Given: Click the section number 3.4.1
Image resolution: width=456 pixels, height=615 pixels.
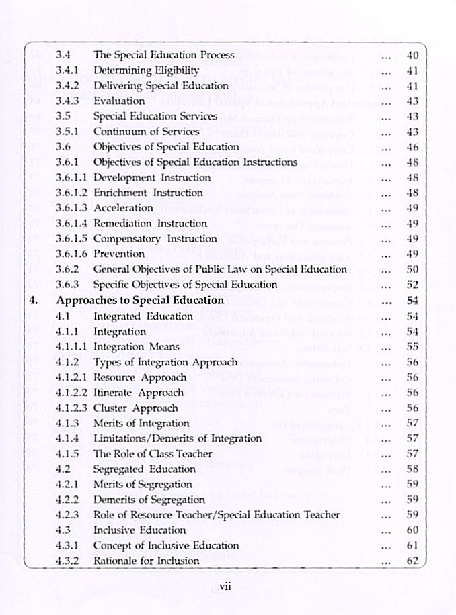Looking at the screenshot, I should click(x=67, y=70).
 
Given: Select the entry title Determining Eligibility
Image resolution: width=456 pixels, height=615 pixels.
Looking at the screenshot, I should click(x=146, y=70).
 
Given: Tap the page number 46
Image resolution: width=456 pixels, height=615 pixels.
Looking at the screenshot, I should click(x=413, y=147).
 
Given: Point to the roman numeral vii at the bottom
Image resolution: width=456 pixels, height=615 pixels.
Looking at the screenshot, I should click(x=225, y=586).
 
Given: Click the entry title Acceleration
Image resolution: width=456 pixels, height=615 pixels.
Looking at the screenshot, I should click(x=123, y=208).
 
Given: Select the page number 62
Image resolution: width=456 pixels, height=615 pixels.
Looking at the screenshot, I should click(x=413, y=561).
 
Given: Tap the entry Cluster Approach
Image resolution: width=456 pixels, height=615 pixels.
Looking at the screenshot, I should click(x=135, y=408).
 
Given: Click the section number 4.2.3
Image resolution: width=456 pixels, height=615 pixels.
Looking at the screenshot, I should click(x=67, y=515).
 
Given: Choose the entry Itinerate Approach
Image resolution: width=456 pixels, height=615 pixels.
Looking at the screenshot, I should click(x=138, y=393).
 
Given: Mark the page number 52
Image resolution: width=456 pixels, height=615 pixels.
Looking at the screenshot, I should click(x=413, y=285).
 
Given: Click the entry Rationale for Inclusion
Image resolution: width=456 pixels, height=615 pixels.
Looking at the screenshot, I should click(x=146, y=561).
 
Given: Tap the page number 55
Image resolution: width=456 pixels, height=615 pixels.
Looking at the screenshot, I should click(x=413, y=346).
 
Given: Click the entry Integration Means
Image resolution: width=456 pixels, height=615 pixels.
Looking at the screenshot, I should click(x=136, y=346).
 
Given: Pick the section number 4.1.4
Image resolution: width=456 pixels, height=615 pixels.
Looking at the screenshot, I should click(x=67, y=438).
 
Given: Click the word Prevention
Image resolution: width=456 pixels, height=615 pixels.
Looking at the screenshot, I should click(x=118, y=254).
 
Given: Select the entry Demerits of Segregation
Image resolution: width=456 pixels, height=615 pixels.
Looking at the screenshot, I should click(x=149, y=500).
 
